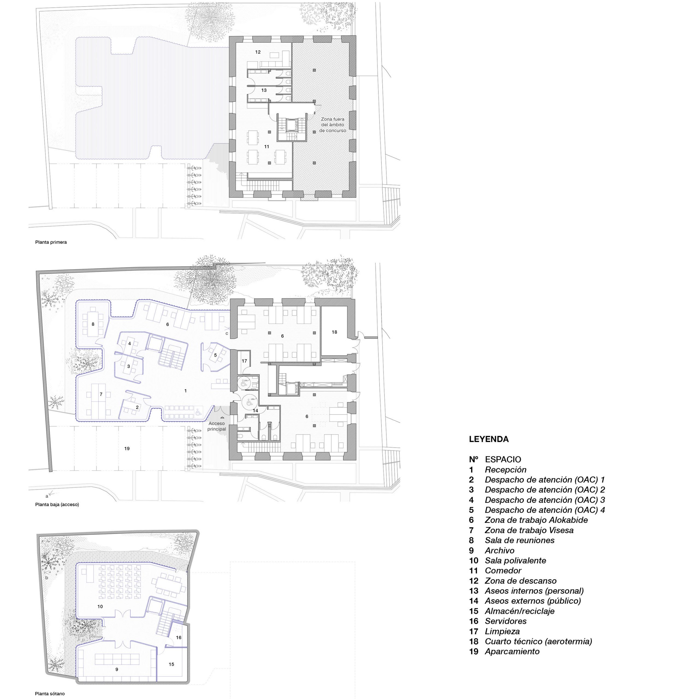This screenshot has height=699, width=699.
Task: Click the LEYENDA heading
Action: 489,439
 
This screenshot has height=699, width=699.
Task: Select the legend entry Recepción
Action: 505,470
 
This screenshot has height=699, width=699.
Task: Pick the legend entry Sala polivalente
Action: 515,561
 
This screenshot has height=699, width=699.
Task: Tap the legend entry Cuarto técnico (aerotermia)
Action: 538,641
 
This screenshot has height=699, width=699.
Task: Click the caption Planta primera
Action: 51,242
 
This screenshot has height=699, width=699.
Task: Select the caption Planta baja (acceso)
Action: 57,504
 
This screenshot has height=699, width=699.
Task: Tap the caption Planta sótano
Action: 50,694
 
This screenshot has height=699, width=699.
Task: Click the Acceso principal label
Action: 217,426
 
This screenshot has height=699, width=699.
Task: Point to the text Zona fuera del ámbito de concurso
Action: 333,125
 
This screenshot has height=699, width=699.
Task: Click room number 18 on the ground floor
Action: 334,332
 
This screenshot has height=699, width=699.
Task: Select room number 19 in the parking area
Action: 127,448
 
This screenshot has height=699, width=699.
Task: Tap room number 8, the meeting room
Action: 93,324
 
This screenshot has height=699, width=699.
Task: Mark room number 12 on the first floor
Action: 258,52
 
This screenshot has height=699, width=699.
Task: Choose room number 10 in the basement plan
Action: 100,606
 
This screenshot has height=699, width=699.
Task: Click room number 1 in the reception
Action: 186,391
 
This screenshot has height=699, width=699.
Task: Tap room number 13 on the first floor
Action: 264,90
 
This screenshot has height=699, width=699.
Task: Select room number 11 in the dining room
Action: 267,147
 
